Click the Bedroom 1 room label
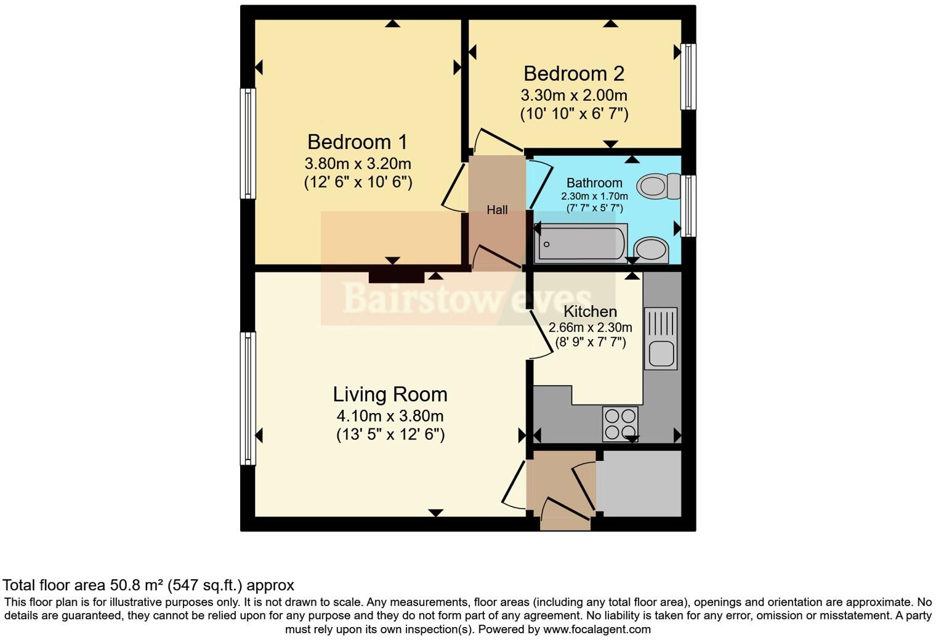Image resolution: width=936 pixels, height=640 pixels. coord(357,142)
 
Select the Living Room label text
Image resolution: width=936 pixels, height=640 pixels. coord(390,394)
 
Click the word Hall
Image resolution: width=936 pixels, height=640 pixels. coord(497,210)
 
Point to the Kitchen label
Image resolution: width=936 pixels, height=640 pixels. coord(590,311)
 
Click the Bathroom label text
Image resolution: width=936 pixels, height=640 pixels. coord(594,183)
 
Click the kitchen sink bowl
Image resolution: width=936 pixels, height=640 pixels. coord(660,354)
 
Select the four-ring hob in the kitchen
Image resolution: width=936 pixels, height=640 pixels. coord(620,424)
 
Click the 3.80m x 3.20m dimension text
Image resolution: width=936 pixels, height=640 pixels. coord(358,164)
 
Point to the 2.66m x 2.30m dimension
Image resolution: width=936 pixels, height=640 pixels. coord(590,327)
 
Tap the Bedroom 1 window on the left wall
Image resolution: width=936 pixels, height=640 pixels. coord(248,143)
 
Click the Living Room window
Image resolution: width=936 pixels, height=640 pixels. coord(248,398)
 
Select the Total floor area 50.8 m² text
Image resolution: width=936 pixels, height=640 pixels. coord(148,585)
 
